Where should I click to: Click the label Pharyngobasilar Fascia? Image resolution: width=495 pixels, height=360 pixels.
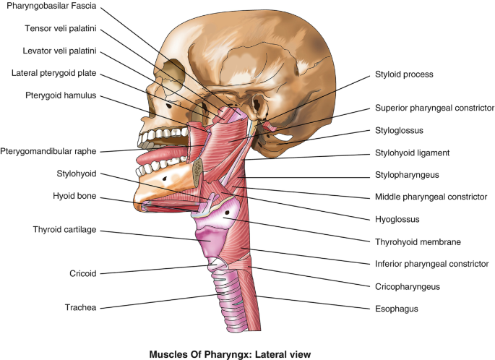[52, 8]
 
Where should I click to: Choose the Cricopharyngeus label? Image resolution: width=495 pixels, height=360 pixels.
[407, 286]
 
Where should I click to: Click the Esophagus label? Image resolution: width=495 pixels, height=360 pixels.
[396, 309]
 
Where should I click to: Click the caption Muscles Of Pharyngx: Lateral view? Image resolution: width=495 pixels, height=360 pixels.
[247, 354]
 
